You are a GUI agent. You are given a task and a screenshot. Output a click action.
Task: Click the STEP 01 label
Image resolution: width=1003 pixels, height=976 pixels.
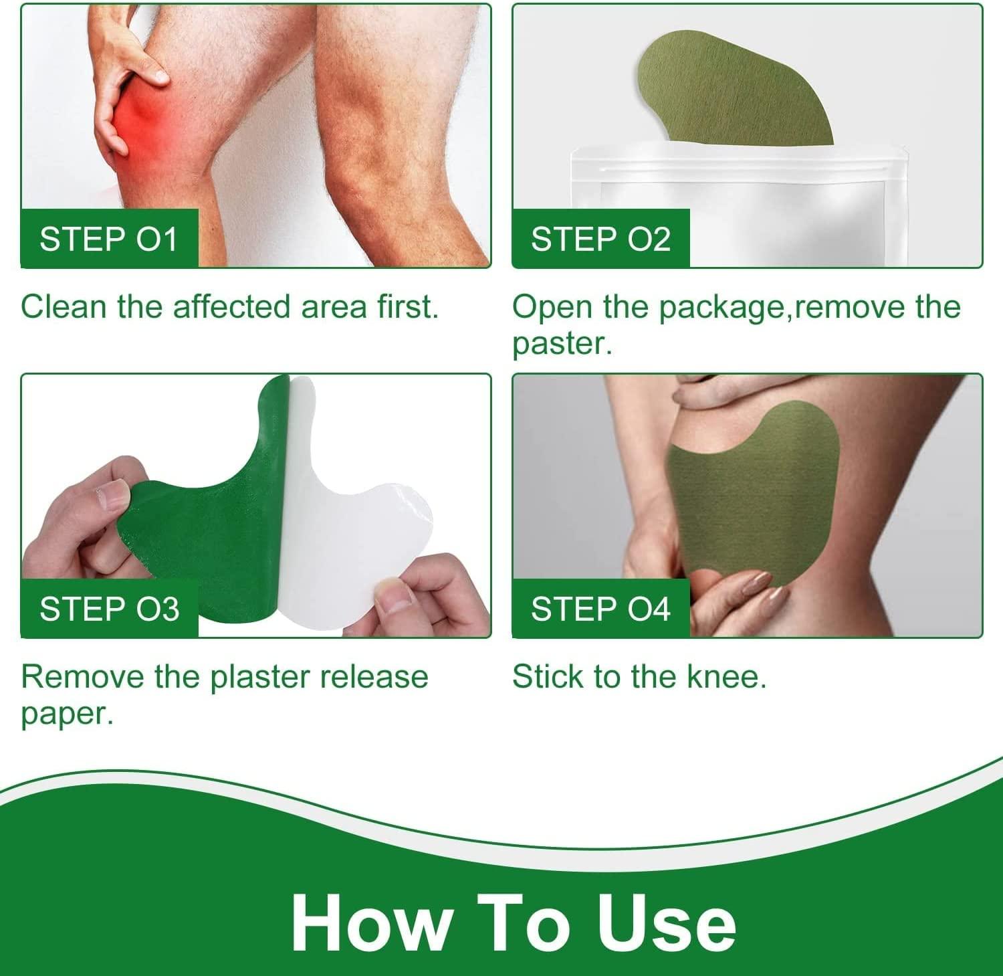tap(109, 239)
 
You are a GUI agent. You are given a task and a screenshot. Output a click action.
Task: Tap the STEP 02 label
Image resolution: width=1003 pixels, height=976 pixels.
tap(600, 239)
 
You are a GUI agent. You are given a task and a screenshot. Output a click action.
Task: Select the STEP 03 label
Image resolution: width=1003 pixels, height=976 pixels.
tap(109, 609)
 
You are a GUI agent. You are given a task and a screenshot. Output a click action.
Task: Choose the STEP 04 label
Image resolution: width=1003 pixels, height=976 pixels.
tap(600, 609)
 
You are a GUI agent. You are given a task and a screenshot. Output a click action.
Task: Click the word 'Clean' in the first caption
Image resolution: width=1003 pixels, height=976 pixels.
tap(64, 307)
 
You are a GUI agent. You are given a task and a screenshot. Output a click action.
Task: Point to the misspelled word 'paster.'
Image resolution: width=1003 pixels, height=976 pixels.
tap(562, 344)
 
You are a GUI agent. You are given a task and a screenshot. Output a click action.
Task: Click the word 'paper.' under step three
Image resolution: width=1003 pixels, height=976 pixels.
tap(67, 714)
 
